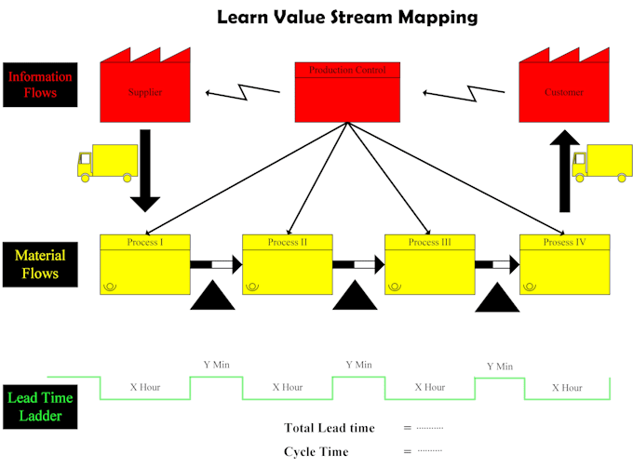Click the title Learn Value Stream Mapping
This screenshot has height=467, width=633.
[x=347, y=17]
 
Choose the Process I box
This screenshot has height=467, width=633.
[x=144, y=264]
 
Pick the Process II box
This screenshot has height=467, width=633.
[x=287, y=264]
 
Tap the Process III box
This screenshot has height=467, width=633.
[x=429, y=264]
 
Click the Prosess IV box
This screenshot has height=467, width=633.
[x=565, y=264]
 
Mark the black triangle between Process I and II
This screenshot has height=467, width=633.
[x=212, y=299]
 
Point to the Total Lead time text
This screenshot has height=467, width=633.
[x=330, y=428]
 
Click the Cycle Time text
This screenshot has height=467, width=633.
[x=316, y=451]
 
